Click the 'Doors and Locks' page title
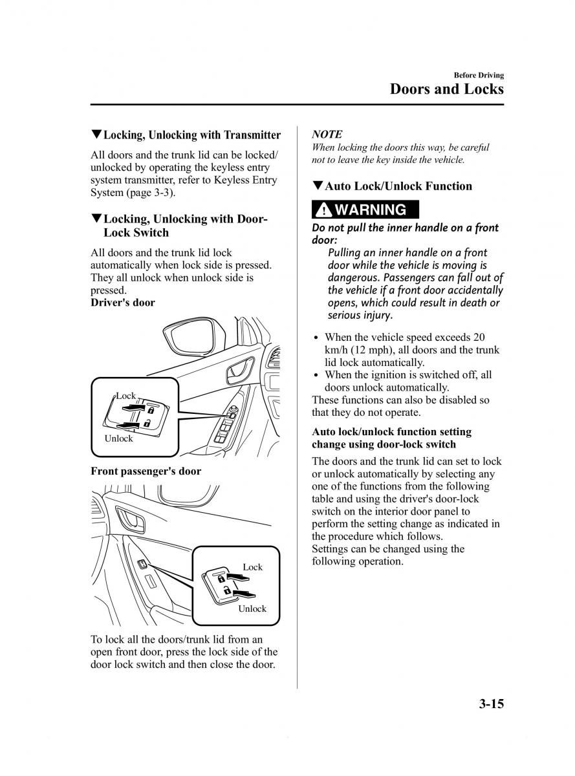tap(446, 89)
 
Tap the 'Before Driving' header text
tap(478, 75)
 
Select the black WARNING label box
tap(365, 210)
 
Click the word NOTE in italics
tap(327, 134)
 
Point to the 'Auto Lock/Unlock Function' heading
tap(398, 186)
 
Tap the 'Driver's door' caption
tap(123, 303)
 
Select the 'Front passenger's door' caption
tap(146, 471)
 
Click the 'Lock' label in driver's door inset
tap(125, 396)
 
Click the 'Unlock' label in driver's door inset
tap(118, 438)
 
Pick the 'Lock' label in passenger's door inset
tap(252, 567)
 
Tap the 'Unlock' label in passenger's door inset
tap(252, 609)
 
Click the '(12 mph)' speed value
tap(356, 350)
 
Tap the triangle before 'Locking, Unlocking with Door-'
tap(96, 219)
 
